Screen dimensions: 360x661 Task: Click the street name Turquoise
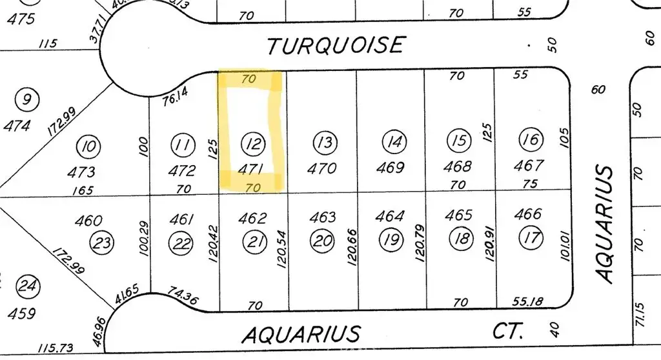tap(336, 45)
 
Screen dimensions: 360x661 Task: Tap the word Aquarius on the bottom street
tap(300, 335)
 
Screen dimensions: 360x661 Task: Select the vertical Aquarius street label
tap(605, 223)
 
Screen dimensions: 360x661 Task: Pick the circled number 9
tap(26, 100)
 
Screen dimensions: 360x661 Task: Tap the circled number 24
tap(26, 285)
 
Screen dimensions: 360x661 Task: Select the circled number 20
tap(322, 241)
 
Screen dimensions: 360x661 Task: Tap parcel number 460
tap(88, 221)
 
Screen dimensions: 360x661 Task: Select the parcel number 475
tap(21, 18)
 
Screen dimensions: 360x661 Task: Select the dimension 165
tap(83, 190)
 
